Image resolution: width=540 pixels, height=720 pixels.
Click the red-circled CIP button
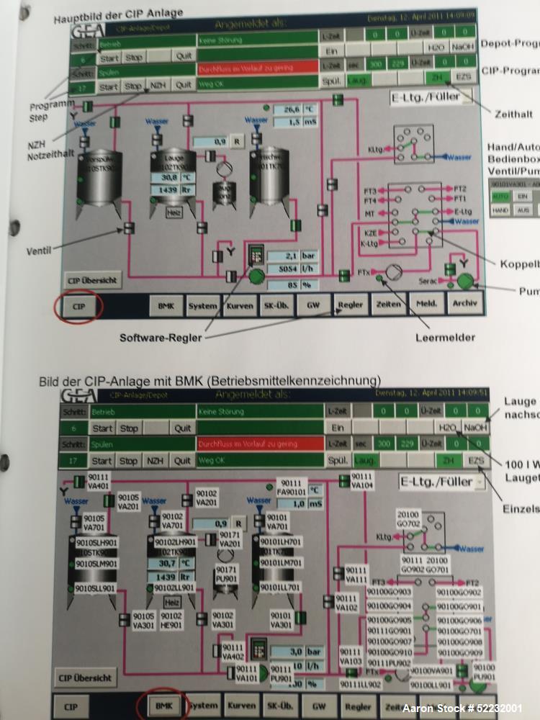point(79,305)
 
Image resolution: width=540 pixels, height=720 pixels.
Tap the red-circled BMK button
point(163,706)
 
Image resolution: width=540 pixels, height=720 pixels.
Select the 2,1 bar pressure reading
point(292,256)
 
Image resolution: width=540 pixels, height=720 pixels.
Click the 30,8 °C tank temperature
point(173,177)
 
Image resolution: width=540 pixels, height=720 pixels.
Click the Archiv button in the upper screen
point(464,304)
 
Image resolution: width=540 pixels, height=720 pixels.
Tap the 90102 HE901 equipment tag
point(171,621)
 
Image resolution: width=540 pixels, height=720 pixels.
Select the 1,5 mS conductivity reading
point(300,123)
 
